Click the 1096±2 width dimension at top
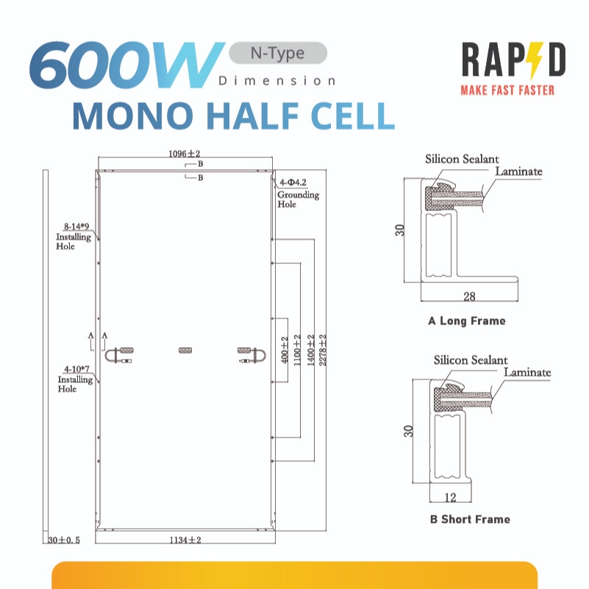click(x=184, y=153)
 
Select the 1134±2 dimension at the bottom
click(x=185, y=540)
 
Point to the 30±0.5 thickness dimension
click(x=64, y=540)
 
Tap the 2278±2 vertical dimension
click(x=323, y=350)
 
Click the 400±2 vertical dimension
click(x=285, y=350)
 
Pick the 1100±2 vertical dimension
click(x=297, y=350)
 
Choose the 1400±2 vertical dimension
click(x=310, y=350)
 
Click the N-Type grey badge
click(x=278, y=53)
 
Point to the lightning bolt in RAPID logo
click(x=535, y=60)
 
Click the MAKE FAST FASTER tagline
click(x=507, y=90)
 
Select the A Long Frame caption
click(x=467, y=321)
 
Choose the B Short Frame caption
click(x=471, y=519)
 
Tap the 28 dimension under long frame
click(x=470, y=296)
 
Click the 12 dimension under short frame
click(x=450, y=497)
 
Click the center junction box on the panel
click(x=185, y=350)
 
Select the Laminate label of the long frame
click(x=518, y=171)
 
